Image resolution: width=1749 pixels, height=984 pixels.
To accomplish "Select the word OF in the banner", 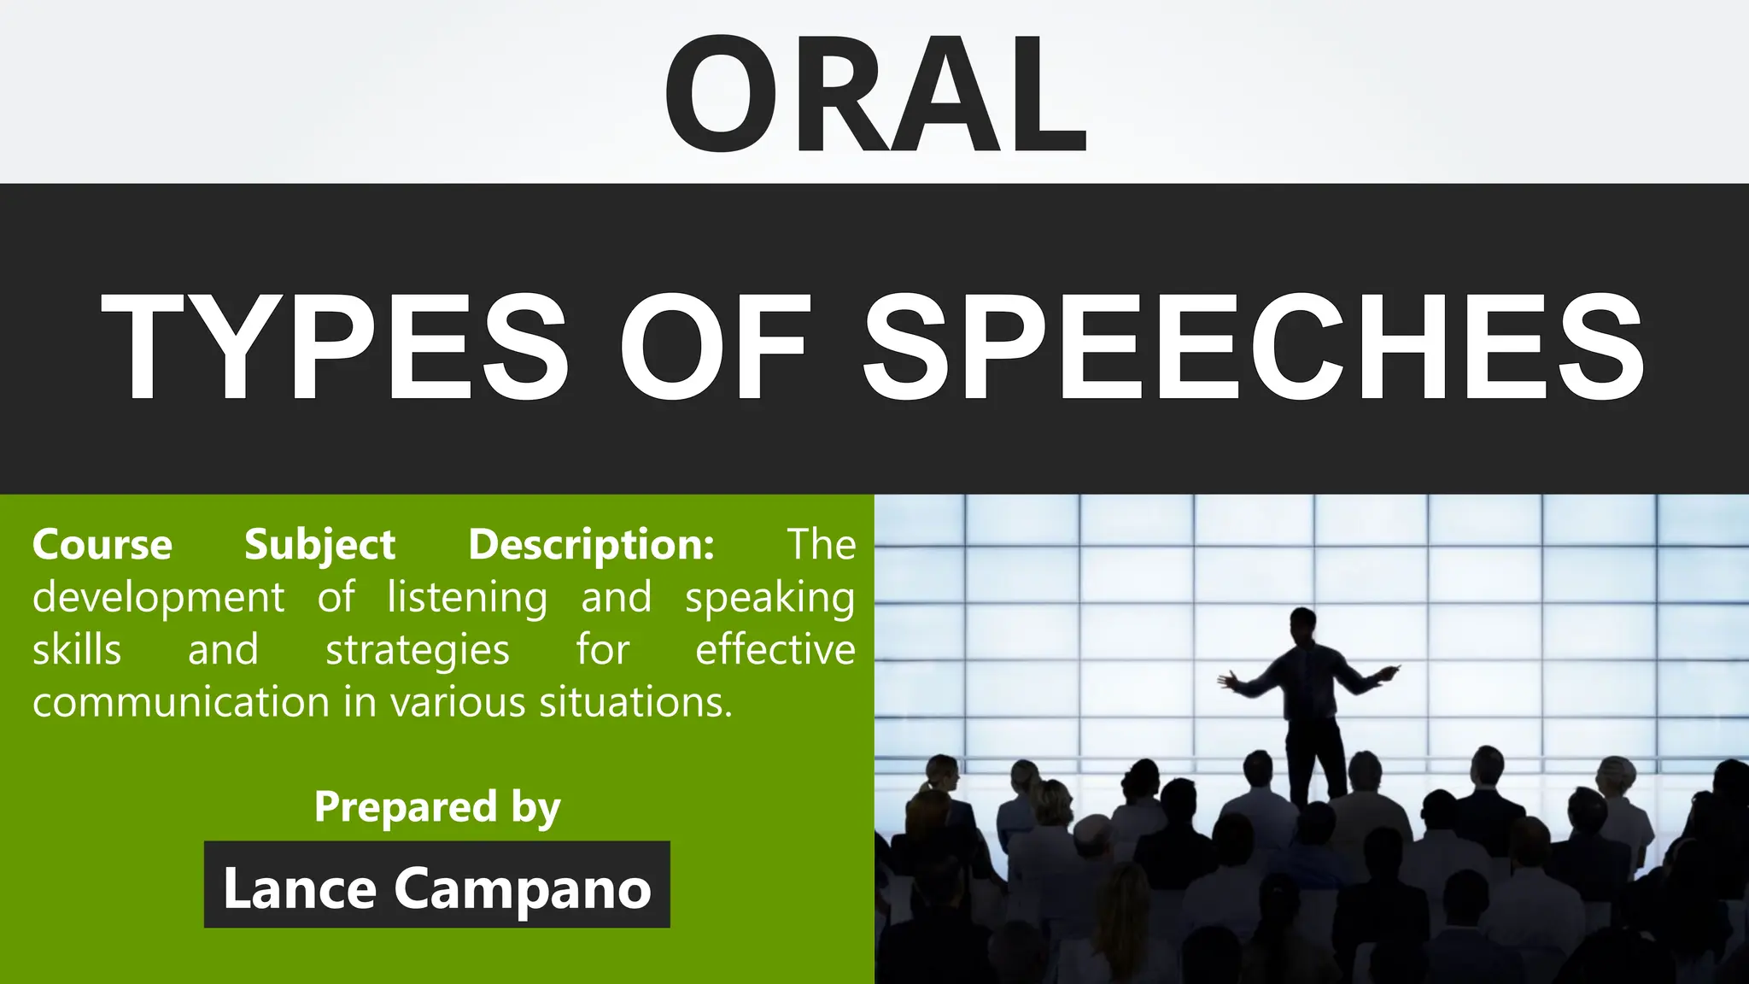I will coord(713,346).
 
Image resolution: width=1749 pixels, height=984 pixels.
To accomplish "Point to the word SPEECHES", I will coord(1254,346).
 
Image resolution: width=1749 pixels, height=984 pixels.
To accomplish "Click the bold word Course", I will coord(102,544).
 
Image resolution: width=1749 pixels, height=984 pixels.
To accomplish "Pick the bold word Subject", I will coord(319,545).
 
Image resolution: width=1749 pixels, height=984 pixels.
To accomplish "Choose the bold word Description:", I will coord(591,545).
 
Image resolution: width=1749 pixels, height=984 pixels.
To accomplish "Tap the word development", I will coord(158,597).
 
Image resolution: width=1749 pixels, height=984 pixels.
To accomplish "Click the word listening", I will coord(466,597).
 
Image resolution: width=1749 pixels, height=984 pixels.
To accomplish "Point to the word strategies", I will coord(417,651).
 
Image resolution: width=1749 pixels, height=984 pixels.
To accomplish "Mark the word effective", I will coord(775,649).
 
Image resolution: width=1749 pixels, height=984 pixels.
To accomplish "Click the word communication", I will coord(181,702).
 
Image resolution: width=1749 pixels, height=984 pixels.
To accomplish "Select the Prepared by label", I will coord(437,807).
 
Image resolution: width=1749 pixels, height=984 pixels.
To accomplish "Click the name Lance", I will coord(299,887).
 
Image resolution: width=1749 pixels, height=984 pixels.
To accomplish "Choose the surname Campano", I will coord(523,889).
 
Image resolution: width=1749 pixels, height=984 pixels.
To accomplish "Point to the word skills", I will coord(77,650).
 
